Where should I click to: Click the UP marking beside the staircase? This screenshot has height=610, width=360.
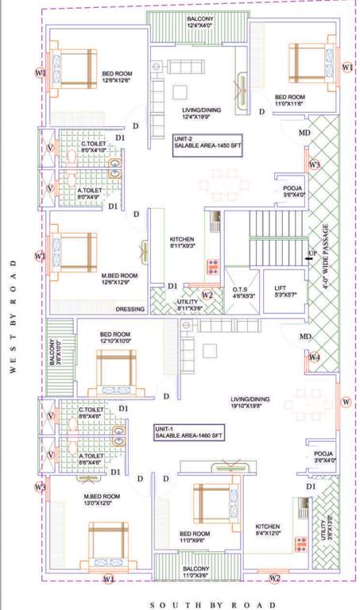point(312,253)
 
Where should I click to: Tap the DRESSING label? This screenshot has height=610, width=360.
point(130,309)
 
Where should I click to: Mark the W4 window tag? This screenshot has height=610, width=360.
point(315,357)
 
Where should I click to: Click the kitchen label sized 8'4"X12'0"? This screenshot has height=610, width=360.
point(268,530)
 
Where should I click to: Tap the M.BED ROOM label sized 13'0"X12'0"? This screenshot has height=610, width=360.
point(103,500)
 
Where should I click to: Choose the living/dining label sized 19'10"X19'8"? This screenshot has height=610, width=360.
point(252,402)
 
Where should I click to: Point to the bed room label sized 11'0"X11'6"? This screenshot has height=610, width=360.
point(290,100)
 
